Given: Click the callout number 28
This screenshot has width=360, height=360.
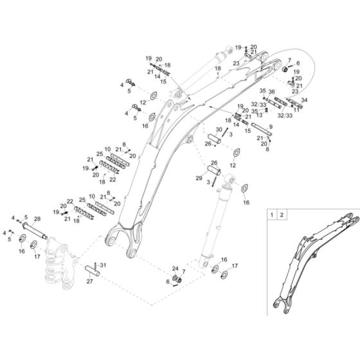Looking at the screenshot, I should tap(37, 220).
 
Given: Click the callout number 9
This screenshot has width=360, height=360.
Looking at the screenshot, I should tap(270, 127).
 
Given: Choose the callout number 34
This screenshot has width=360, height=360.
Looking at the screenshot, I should tap(304, 100).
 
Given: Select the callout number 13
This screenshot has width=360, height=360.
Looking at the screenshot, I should tap(258, 115).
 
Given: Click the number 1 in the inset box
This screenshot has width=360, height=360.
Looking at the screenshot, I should tap(272, 213).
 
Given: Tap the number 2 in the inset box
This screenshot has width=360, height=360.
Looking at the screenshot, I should tap(283, 213).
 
